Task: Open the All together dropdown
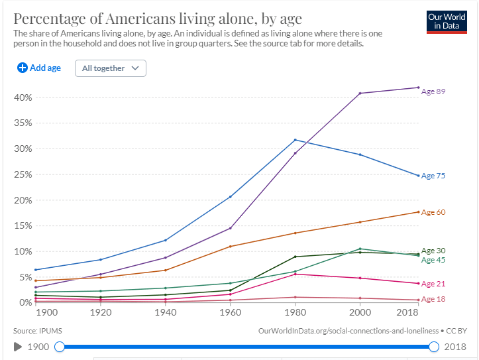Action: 111,68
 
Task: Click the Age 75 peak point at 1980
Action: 295,140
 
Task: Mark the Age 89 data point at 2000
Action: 360,93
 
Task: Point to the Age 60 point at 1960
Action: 230,247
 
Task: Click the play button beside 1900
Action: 18,346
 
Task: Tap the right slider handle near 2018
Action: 435,346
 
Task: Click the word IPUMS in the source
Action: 50,330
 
